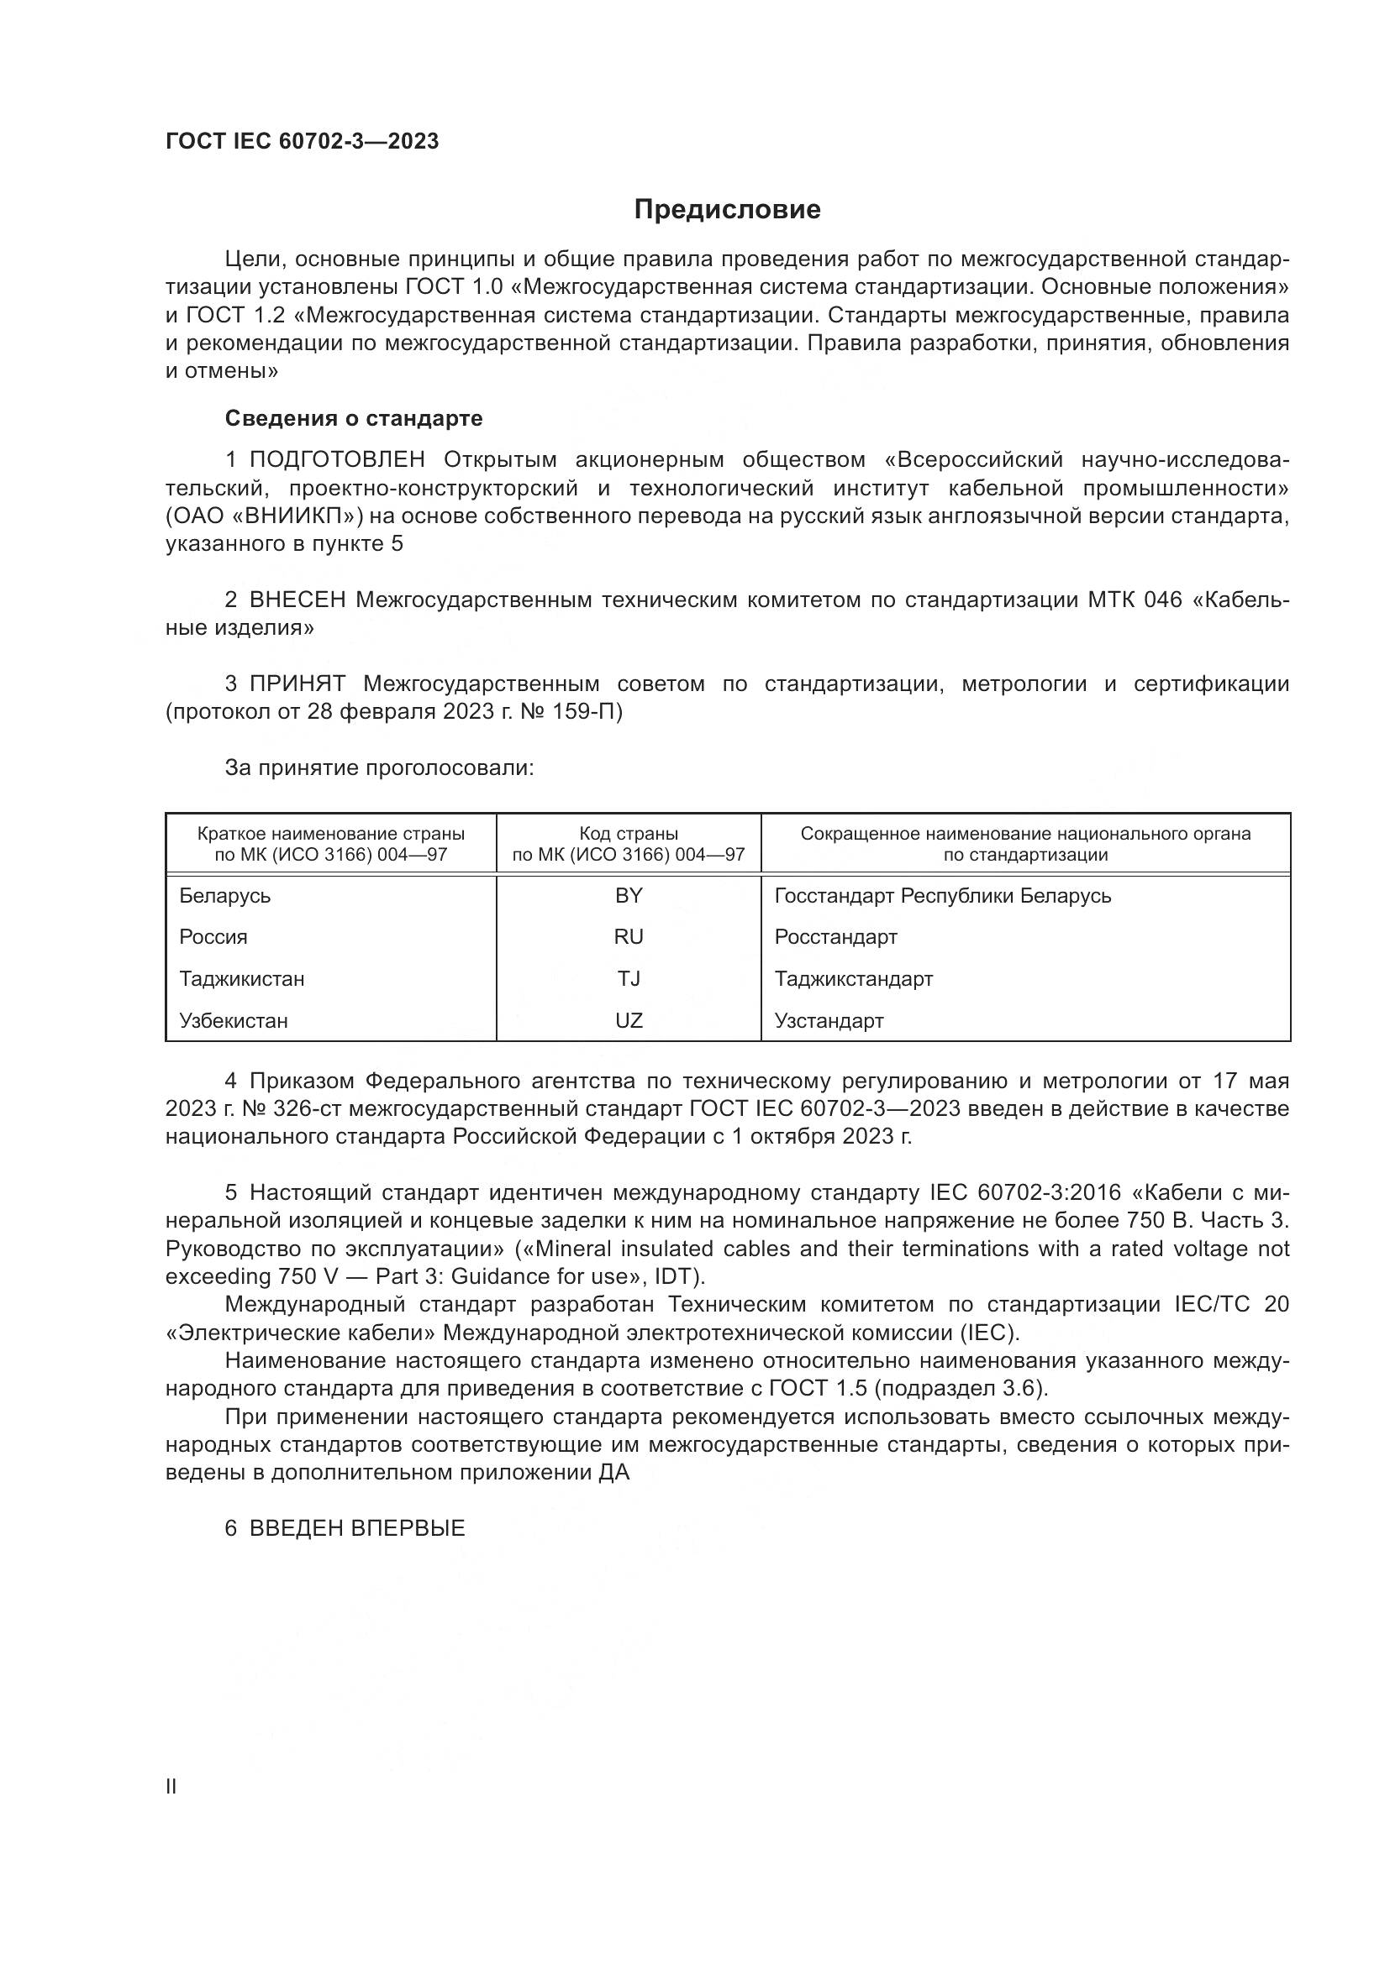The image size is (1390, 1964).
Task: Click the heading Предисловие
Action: [x=727, y=210]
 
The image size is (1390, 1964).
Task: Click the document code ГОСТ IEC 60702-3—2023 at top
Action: [x=303, y=142]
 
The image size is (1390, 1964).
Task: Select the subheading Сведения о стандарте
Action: [x=354, y=418]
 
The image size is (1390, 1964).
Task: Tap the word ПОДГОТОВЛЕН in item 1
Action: [x=337, y=460]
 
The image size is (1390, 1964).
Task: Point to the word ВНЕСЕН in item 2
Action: [x=297, y=600]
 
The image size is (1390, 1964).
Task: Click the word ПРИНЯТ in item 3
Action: [x=297, y=683]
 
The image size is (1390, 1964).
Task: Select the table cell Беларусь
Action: [x=225, y=896]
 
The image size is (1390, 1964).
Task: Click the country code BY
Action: [x=629, y=896]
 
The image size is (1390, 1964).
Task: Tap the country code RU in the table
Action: [x=629, y=937]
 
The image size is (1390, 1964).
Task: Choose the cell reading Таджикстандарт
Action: [x=853, y=978]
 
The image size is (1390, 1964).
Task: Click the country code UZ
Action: [x=629, y=1020]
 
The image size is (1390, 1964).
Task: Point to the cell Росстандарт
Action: [x=835, y=937]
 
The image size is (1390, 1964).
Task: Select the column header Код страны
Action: [x=629, y=834]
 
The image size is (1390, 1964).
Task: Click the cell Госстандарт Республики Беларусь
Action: [x=942, y=896]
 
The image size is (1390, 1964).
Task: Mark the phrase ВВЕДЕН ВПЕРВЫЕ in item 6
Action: [x=357, y=1528]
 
